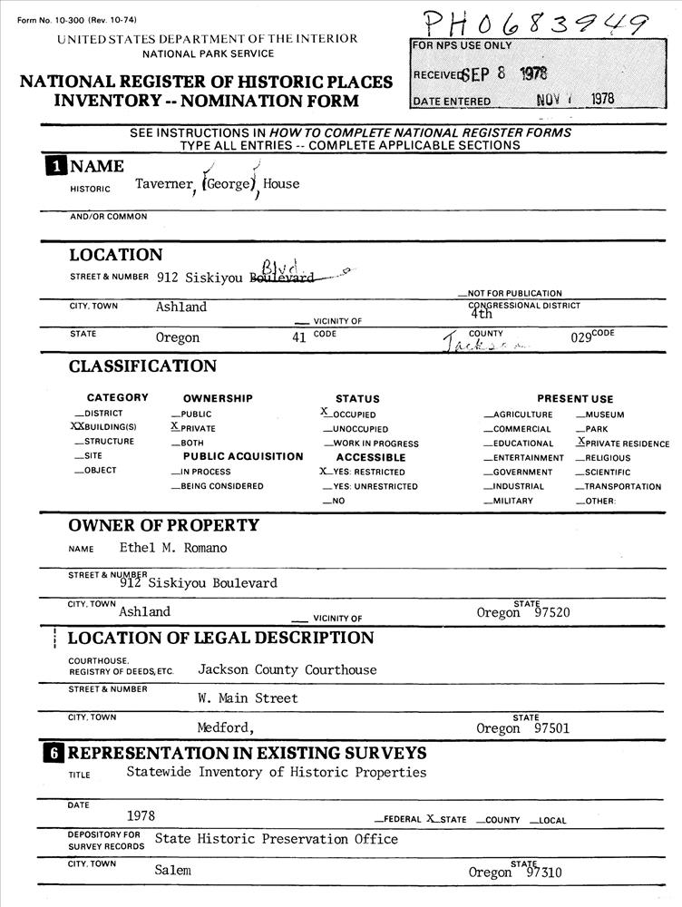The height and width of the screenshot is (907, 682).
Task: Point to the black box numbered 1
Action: (x=56, y=166)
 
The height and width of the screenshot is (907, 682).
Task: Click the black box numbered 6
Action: (x=56, y=753)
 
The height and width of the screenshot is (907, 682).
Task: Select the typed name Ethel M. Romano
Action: (x=173, y=548)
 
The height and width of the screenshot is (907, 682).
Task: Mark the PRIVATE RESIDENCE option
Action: (x=626, y=444)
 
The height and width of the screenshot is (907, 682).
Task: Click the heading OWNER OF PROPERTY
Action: (x=163, y=525)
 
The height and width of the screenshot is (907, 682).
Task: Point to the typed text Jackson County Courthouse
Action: (x=287, y=669)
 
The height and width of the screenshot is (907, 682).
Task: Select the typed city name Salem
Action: (x=172, y=870)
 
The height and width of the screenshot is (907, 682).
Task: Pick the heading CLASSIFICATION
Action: (x=142, y=366)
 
